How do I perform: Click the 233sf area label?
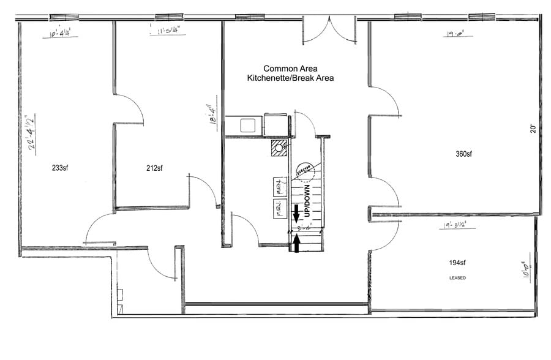click(x=59, y=168)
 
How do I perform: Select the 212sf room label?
click(x=155, y=168)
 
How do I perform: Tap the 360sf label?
click(x=464, y=154)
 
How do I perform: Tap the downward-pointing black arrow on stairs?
click(x=297, y=214)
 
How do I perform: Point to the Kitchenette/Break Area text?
click(x=290, y=78)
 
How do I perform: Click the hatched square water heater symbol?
click(x=280, y=148)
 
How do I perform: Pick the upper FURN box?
click(x=280, y=186)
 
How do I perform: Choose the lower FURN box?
click(x=280, y=209)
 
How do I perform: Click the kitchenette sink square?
click(x=248, y=126)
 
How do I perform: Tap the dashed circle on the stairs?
click(x=304, y=171)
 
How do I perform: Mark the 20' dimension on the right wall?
click(x=533, y=129)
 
